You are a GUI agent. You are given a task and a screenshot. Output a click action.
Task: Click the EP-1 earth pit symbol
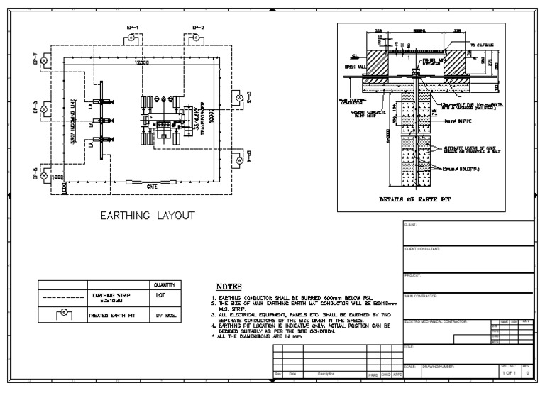[132, 40]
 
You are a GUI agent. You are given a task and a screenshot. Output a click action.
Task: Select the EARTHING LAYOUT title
[146, 215]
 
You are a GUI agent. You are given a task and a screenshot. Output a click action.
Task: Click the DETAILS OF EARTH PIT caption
[416, 199]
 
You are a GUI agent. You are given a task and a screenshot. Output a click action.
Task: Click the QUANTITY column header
[162, 284]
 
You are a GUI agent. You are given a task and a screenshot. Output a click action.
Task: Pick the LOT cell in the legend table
[162, 297]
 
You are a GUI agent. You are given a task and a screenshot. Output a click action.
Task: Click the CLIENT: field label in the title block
[410, 225]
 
